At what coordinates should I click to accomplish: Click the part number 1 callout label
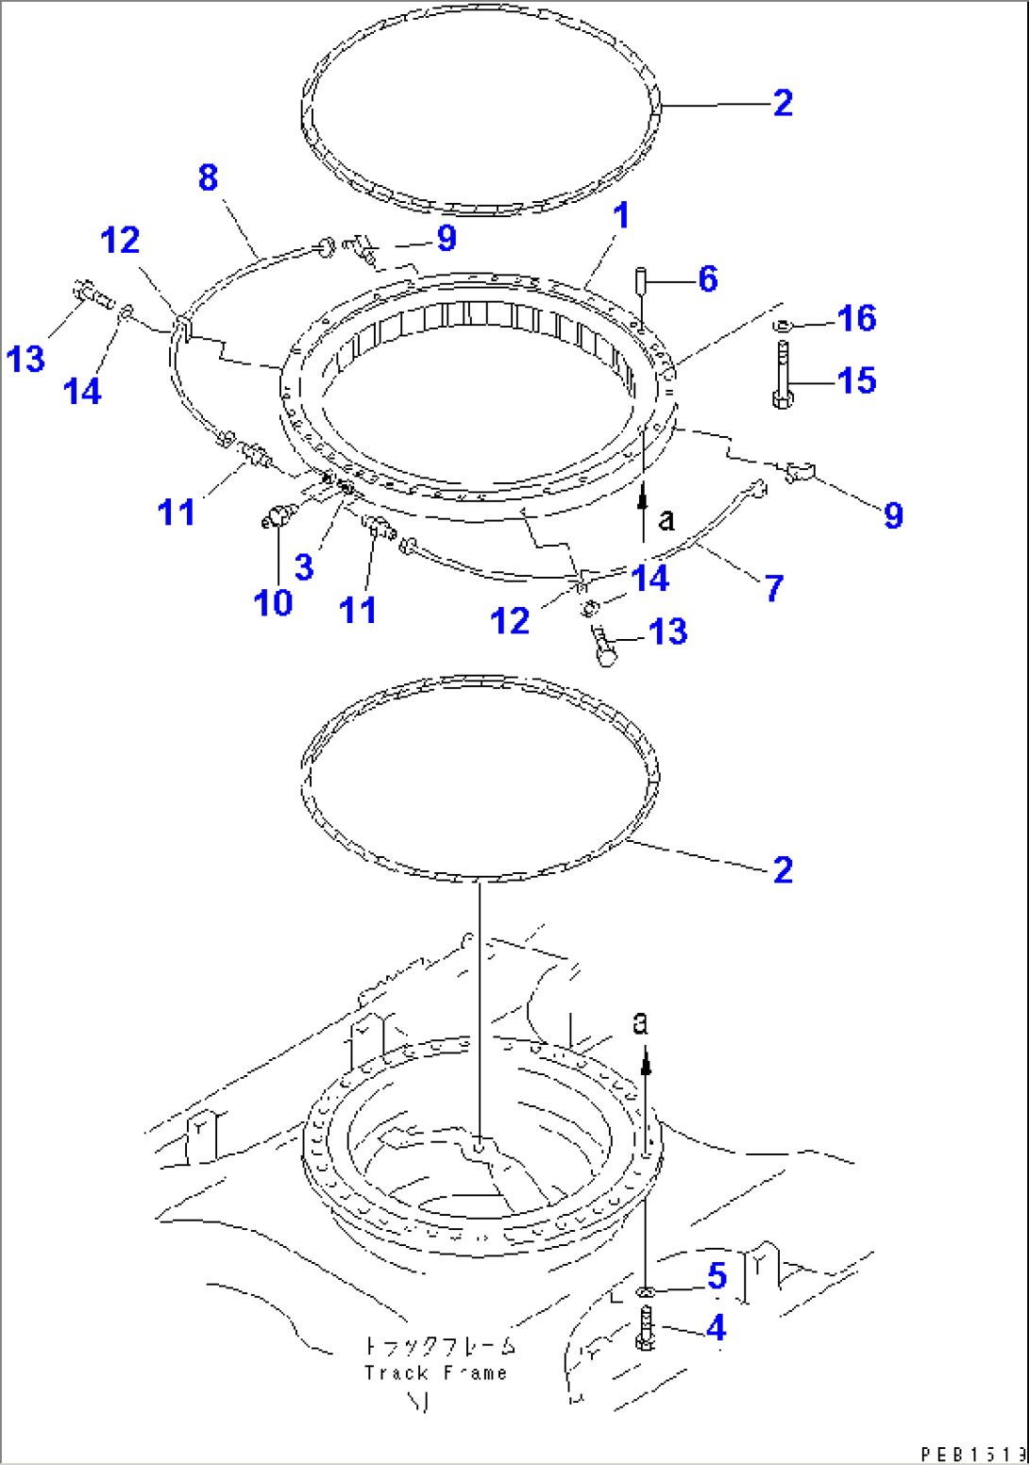pyautogui.click(x=620, y=216)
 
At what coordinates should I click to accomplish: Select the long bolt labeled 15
pyautogui.click(x=782, y=376)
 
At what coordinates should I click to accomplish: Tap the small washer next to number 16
pyautogui.click(x=782, y=326)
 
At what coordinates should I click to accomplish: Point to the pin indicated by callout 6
pyautogui.click(x=640, y=279)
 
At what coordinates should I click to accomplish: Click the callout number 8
pyautogui.click(x=208, y=177)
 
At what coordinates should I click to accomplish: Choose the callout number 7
pyautogui.click(x=774, y=588)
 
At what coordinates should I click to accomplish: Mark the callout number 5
pyautogui.click(x=717, y=1276)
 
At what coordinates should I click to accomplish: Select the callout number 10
pyautogui.click(x=273, y=602)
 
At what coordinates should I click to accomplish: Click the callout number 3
pyautogui.click(x=303, y=567)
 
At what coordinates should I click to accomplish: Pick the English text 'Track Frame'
pyautogui.click(x=435, y=1373)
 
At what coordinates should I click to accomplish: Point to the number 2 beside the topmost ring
pyautogui.click(x=783, y=103)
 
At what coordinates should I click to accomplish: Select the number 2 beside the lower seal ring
pyautogui.click(x=783, y=870)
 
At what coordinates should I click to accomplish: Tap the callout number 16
pyautogui.click(x=856, y=319)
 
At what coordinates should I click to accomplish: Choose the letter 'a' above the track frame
pyautogui.click(x=641, y=1022)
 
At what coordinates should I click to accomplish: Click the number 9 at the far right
pyautogui.click(x=893, y=515)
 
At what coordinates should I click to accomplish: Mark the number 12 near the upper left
pyautogui.click(x=120, y=241)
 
